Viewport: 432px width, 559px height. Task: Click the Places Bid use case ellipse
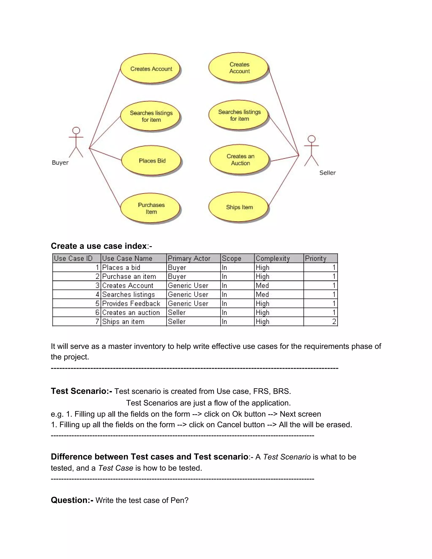click(x=151, y=161)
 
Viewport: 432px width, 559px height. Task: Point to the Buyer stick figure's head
click(x=76, y=131)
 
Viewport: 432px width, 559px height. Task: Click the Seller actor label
click(x=327, y=173)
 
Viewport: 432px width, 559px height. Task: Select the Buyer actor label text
click(x=60, y=162)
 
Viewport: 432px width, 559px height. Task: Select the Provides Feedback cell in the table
click(x=131, y=304)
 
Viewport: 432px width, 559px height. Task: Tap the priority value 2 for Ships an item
click(x=334, y=321)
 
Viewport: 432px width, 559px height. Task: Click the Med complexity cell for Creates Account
click(x=262, y=285)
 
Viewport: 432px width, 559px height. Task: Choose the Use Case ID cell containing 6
click(x=97, y=313)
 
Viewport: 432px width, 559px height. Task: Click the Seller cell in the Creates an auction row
click(x=177, y=313)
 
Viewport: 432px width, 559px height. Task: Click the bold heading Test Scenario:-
click(x=81, y=391)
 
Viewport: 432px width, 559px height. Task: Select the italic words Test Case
click(x=116, y=468)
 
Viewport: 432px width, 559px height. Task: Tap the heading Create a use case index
click(x=99, y=246)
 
